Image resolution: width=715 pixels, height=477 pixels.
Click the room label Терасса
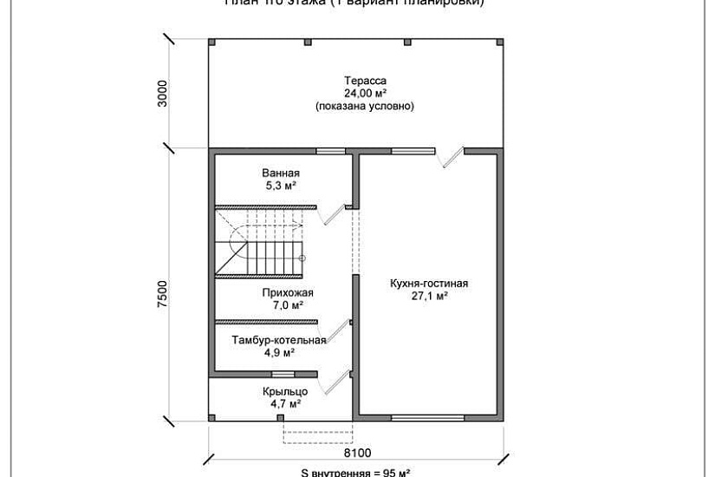click(364, 81)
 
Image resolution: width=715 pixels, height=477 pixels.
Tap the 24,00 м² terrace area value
click(364, 94)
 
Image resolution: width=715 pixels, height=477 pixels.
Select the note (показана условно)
click(364, 107)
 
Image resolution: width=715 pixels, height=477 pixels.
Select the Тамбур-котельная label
click(278, 340)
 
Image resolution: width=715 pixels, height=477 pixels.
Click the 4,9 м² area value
click(278, 353)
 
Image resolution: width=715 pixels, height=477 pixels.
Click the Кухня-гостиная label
click(428, 284)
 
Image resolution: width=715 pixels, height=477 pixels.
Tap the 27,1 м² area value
click(428, 297)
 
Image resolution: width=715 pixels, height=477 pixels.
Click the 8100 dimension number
click(356, 452)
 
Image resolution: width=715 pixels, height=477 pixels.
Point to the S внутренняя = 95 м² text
click(356, 473)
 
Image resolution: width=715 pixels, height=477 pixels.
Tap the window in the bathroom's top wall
click(328, 151)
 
